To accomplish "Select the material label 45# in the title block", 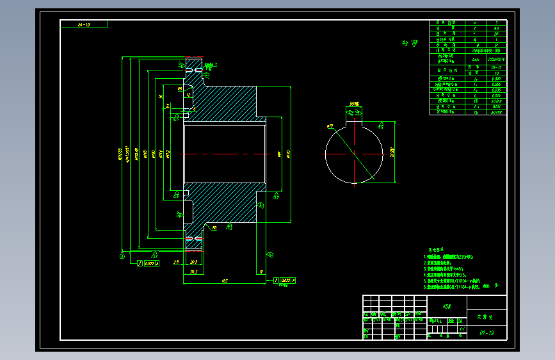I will tap(447, 306).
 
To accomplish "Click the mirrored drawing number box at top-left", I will tap(84, 24).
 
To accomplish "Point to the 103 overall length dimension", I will tap(225, 280).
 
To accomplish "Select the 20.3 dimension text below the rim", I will tap(193, 263).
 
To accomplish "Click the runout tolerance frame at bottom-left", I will tap(149, 263).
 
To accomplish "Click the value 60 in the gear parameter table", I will tap(497, 29).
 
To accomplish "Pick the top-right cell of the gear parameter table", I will tap(497, 22).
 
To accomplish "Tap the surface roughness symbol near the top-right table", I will tap(405, 44).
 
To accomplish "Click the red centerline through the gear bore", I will tap(225, 154).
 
